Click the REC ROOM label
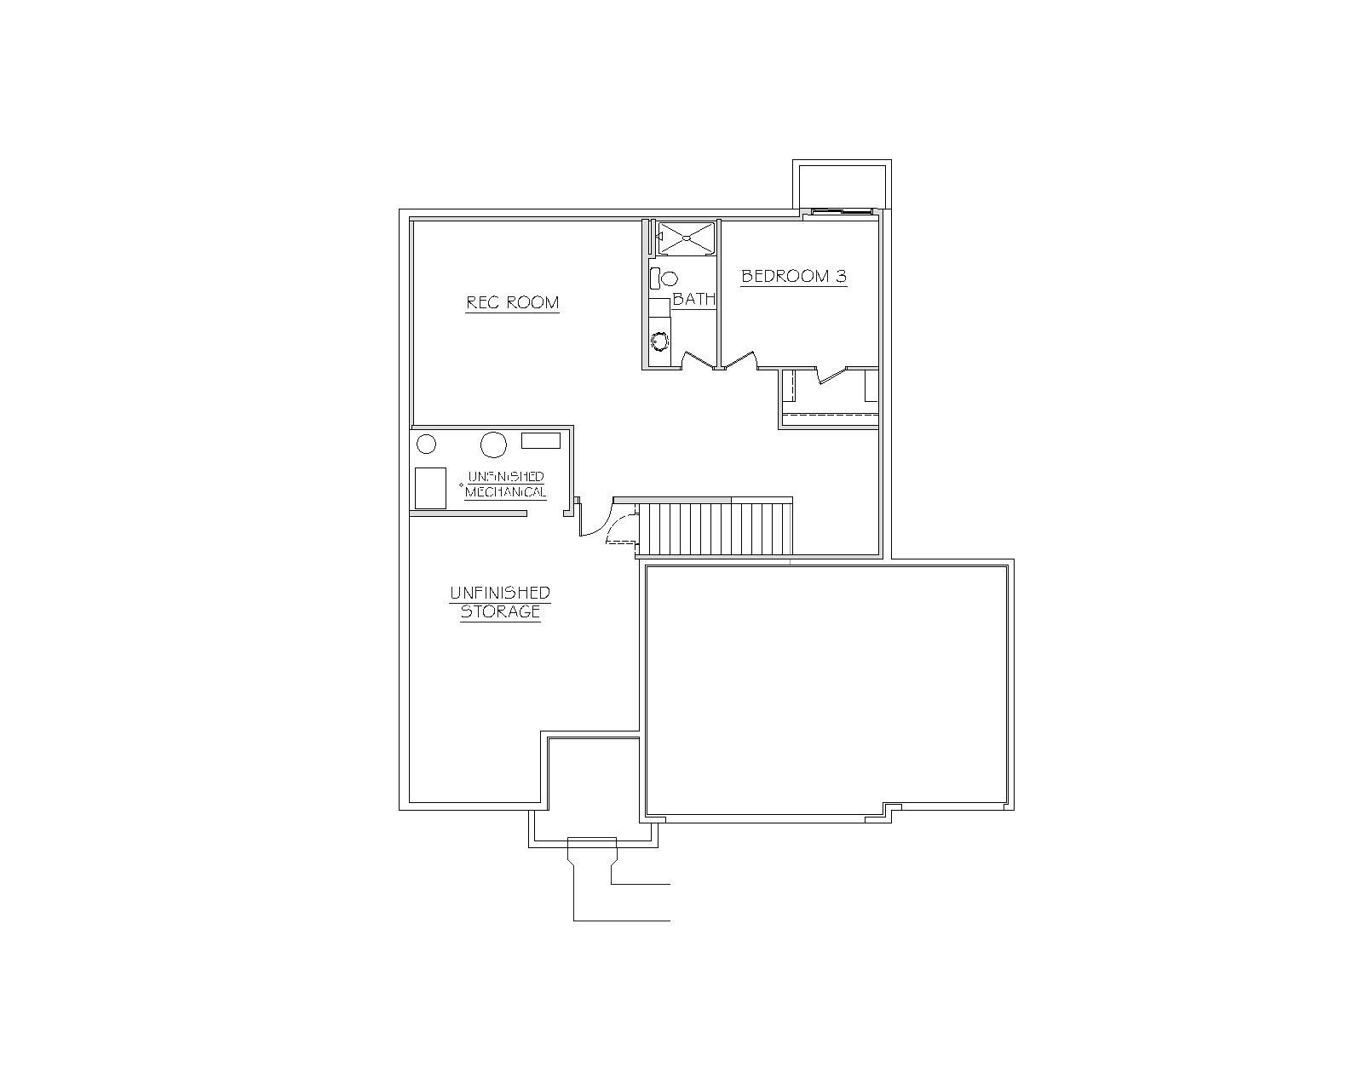pyautogui.click(x=512, y=303)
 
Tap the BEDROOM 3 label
pyautogui.click(x=794, y=276)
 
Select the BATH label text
pyautogui.click(x=693, y=299)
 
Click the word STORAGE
pyautogui.click(x=500, y=611)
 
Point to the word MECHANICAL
pyautogui.click(x=505, y=492)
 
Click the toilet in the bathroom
pyautogui.click(x=663, y=278)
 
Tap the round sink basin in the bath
pyautogui.click(x=660, y=341)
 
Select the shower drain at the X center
pyautogui.click(x=686, y=238)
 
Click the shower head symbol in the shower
pyautogui.click(x=658, y=237)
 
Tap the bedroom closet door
pyautogui.click(x=831, y=375)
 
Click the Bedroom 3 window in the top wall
pyautogui.click(x=839, y=211)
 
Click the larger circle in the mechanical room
pyautogui.click(x=493, y=445)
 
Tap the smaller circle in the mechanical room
pyautogui.click(x=426, y=445)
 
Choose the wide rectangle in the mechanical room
pyautogui.click(x=540, y=441)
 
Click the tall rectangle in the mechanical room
pyautogui.click(x=431, y=488)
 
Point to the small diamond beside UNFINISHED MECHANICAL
pyautogui.click(x=461, y=485)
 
